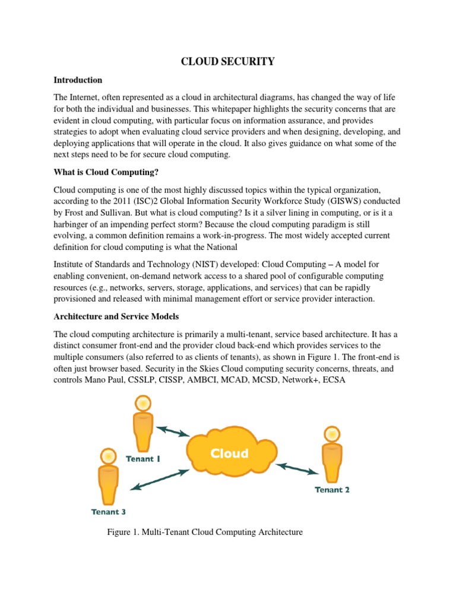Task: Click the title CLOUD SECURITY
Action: point(228,62)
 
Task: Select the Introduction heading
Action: point(78,80)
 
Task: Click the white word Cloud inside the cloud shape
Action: point(229,454)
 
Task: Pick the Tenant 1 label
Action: point(142,458)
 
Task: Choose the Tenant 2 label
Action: point(332,490)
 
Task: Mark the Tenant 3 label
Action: point(108,511)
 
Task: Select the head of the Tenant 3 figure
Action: point(108,456)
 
